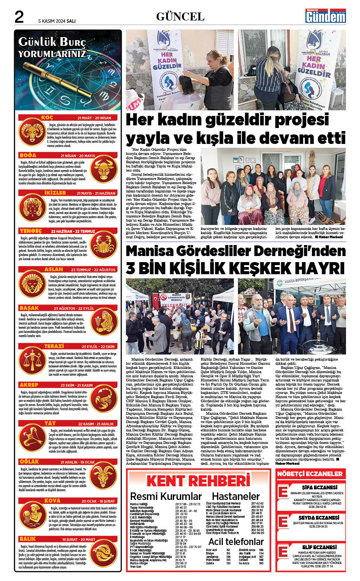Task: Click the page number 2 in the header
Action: click(x=19, y=17)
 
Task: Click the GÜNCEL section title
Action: click(x=180, y=16)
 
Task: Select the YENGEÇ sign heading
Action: click(x=31, y=231)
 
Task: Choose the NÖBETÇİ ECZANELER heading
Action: click(x=310, y=474)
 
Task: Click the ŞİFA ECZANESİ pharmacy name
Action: click(x=319, y=487)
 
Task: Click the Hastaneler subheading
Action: click(x=236, y=496)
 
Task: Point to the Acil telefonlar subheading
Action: click(x=236, y=541)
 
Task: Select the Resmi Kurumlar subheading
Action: click(x=166, y=496)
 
